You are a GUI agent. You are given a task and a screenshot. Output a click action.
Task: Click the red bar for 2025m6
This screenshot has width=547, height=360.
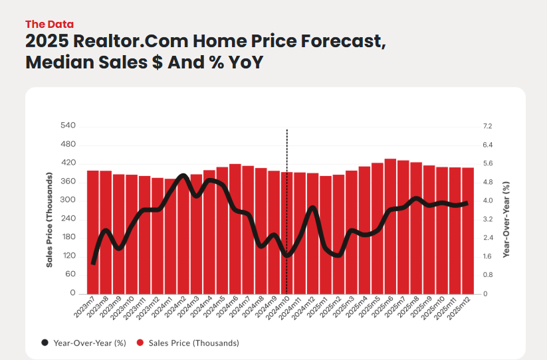coord(390,226)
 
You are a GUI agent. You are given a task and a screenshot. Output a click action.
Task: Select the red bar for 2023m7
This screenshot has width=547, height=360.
coord(93,232)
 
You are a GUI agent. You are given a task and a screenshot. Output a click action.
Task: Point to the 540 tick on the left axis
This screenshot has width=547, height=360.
coord(68,126)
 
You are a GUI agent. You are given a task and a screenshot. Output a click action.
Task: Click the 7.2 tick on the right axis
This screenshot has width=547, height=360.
coord(488,126)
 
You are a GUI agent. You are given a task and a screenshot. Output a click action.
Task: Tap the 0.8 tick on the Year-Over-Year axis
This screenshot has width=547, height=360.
coord(488,274)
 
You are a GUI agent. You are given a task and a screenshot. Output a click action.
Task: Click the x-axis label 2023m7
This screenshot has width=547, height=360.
coord(85,308)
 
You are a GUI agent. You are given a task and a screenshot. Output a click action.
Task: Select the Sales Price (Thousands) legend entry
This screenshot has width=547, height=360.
coord(187,343)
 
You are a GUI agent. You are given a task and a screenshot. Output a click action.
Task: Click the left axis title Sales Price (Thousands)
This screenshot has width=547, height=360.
coord(50,219)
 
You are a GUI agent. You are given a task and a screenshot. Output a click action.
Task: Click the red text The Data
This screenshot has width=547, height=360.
coord(49,24)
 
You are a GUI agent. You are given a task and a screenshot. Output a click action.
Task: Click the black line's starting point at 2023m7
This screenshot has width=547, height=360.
coord(93,263)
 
